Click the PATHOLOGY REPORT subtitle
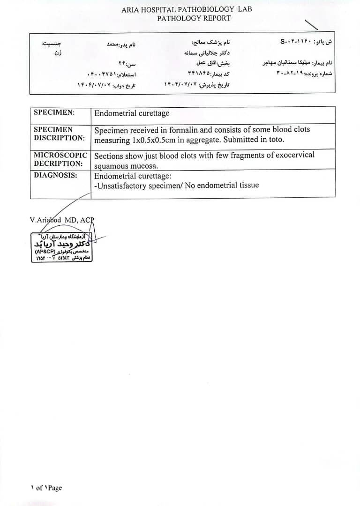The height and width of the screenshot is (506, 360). [194, 18]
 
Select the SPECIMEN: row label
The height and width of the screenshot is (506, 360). [54, 112]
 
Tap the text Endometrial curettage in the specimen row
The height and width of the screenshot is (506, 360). [132, 113]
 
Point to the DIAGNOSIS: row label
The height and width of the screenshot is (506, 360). [55, 175]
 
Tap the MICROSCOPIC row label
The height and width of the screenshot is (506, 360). [60, 155]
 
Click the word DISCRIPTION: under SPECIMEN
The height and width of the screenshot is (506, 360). [59, 138]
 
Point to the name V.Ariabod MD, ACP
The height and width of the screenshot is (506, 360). [62, 220]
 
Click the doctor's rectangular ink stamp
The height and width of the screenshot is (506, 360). [61, 247]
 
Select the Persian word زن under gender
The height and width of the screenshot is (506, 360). [58, 53]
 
